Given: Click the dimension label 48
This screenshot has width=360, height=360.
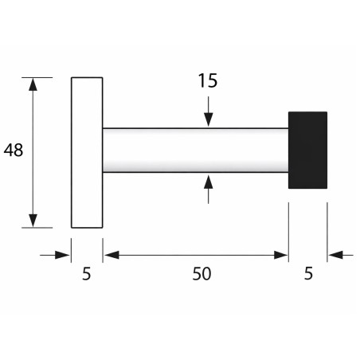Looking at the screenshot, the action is pos(14,150).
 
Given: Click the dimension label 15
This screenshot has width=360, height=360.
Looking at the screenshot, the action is pos(208,80).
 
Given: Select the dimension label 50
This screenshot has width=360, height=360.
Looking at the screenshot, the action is pos(202,274).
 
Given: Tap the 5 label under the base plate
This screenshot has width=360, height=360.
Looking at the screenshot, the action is pos(87,274).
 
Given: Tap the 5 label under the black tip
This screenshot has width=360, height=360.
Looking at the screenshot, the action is pos(308,273).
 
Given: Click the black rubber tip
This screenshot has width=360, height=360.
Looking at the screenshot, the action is pos(307,150).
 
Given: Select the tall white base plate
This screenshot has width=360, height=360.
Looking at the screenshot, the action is pos(87,153).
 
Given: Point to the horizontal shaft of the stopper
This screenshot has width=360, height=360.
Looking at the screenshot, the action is pos(195,151).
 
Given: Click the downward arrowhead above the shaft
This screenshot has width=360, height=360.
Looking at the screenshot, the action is pos(209,119).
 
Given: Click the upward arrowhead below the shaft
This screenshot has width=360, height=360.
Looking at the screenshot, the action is pos(209,182).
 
